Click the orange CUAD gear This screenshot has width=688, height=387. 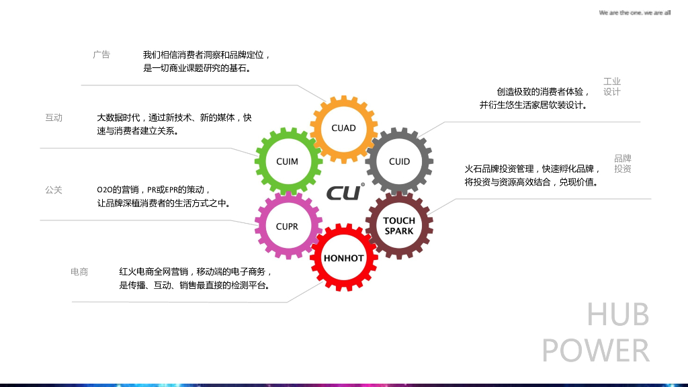click(343, 128)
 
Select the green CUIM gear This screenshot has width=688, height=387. click(287, 161)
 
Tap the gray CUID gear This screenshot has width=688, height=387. click(399, 161)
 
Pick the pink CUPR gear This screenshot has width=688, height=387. click(287, 226)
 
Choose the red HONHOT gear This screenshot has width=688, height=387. click(343, 258)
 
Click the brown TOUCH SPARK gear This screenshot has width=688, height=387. click(399, 226)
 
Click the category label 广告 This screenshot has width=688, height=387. click(101, 55)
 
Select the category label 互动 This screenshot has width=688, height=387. click(54, 118)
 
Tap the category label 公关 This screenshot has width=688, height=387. click(54, 190)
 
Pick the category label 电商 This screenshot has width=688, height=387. click(79, 272)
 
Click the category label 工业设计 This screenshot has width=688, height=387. click(611, 87)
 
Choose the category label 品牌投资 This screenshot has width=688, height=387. click(623, 164)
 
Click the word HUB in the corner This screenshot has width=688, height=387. click(617, 314)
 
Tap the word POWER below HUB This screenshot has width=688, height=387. click(596, 351)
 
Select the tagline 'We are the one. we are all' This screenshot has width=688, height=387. click(634, 13)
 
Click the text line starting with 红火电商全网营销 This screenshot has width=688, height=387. click(196, 272)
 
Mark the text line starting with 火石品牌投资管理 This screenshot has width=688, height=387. click(532, 169)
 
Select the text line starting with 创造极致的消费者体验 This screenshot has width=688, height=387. click(543, 92)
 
